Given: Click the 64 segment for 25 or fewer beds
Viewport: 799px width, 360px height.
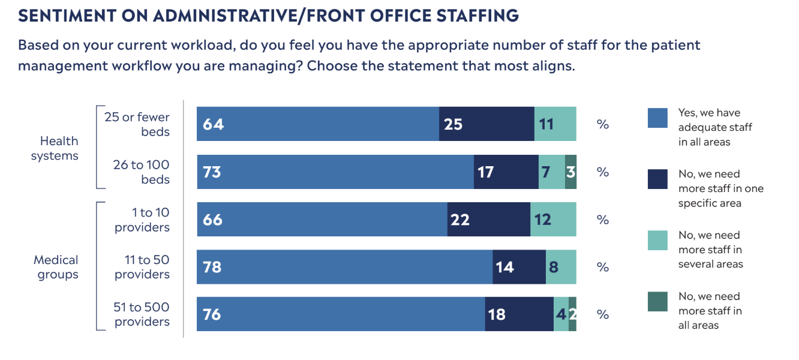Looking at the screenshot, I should pyautogui.click(x=318, y=124).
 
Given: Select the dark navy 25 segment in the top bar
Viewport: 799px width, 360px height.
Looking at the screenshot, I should pyautogui.click(x=486, y=124).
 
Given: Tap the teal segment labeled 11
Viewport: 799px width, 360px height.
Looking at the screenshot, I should pyautogui.click(x=555, y=124).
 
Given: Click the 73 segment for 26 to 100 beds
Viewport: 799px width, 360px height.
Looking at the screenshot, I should pyautogui.click(x=335, y=172).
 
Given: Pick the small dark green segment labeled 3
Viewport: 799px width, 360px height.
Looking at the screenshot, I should pyautogui.click(x=570, y=172).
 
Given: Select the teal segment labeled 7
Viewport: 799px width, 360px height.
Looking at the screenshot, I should pyautogui.click(x=551, y=172).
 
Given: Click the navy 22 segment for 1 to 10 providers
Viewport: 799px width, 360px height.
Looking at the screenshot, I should pyautogui.click(x=488, y=220).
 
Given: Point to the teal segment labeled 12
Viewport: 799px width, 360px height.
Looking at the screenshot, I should pyautogui.click(x=553, y=220).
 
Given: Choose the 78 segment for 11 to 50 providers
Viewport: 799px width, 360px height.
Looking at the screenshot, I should pyautogui.click(x=344, y=267).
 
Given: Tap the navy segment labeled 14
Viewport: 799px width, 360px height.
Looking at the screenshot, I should pyautogui.click(x=519, y=267).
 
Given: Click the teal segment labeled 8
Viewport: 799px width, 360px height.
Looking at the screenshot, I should pyautogui.click(x=561, y=267).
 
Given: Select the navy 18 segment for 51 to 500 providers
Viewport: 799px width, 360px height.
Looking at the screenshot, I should pyautogui.click(x=519, y=314).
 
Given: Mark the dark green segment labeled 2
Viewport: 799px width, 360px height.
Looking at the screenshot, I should pyautogui.click(x=572, y=314).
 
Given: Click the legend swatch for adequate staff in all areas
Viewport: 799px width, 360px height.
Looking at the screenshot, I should pyautogui.click(x=657, y=118).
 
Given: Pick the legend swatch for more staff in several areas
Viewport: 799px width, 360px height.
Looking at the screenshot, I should pyautogui.click(x=657, y=241).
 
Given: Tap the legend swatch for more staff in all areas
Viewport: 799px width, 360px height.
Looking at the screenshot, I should pyautogui.click(x=657, y=302).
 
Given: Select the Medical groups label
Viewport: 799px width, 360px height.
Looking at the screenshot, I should pyautogui.click(x=56, y=268).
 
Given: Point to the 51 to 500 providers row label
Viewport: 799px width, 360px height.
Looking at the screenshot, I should pyautogui.click(x=142, y=314).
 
